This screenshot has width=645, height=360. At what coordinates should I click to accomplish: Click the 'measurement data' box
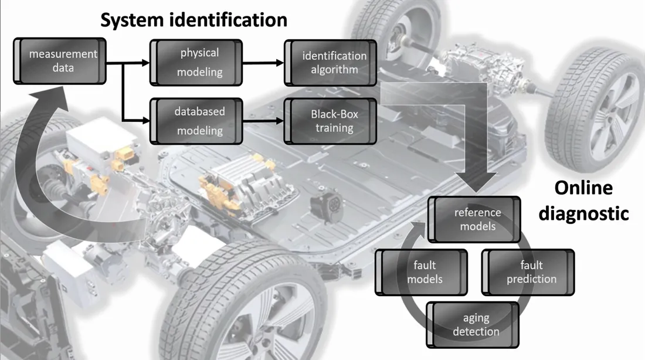[x=60, y=60]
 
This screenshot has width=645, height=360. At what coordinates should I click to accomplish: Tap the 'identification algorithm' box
[x=331, y=63]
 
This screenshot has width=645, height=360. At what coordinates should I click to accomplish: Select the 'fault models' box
[x=421, y=271]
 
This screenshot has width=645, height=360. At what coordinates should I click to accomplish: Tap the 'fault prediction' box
[x=528, y=271]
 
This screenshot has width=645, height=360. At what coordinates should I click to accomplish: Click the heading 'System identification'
[x=193, y=20]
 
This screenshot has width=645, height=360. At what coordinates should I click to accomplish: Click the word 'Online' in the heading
[x=583, y=188]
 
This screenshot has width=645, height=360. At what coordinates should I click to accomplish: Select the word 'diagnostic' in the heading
[x=583, y=213]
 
